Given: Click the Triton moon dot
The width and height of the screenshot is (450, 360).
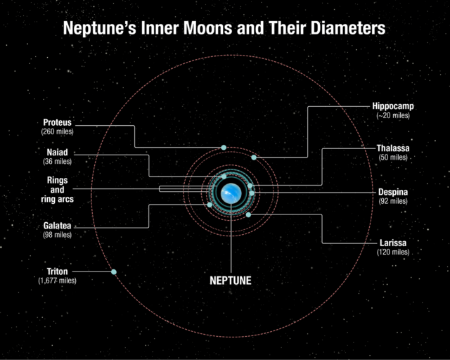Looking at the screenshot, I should (114, 272).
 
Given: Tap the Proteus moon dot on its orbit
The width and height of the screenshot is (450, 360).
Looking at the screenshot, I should (224, 147).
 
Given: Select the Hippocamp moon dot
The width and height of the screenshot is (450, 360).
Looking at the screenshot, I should (254, 157).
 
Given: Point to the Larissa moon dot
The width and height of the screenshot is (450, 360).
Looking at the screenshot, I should (249, 214).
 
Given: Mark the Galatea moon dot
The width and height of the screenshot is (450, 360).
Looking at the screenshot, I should (210, 205).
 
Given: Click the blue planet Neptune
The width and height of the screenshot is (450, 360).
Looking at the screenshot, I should (231, 191).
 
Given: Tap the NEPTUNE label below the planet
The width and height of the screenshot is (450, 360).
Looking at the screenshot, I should (231, 280).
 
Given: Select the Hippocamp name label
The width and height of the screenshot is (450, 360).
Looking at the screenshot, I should (393, 106).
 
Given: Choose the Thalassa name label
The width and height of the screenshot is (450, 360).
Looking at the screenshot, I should (393, 148).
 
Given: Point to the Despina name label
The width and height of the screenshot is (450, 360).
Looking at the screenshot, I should (393, 192).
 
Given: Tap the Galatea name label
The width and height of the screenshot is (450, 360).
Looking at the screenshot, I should (57, 226).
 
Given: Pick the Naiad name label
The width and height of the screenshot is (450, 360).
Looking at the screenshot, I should (57, 152).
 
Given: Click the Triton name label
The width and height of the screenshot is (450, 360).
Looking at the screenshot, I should (57, 271).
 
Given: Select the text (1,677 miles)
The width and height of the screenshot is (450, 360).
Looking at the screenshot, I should (57, 281).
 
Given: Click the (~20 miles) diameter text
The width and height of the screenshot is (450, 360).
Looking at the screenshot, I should (393, 115).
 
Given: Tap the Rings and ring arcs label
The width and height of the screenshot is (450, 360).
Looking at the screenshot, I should (57, 189).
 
